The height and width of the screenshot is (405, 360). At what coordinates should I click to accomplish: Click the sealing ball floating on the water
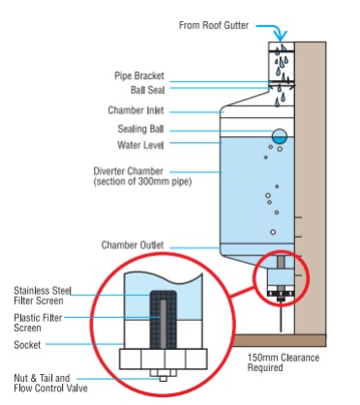(279, 136)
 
